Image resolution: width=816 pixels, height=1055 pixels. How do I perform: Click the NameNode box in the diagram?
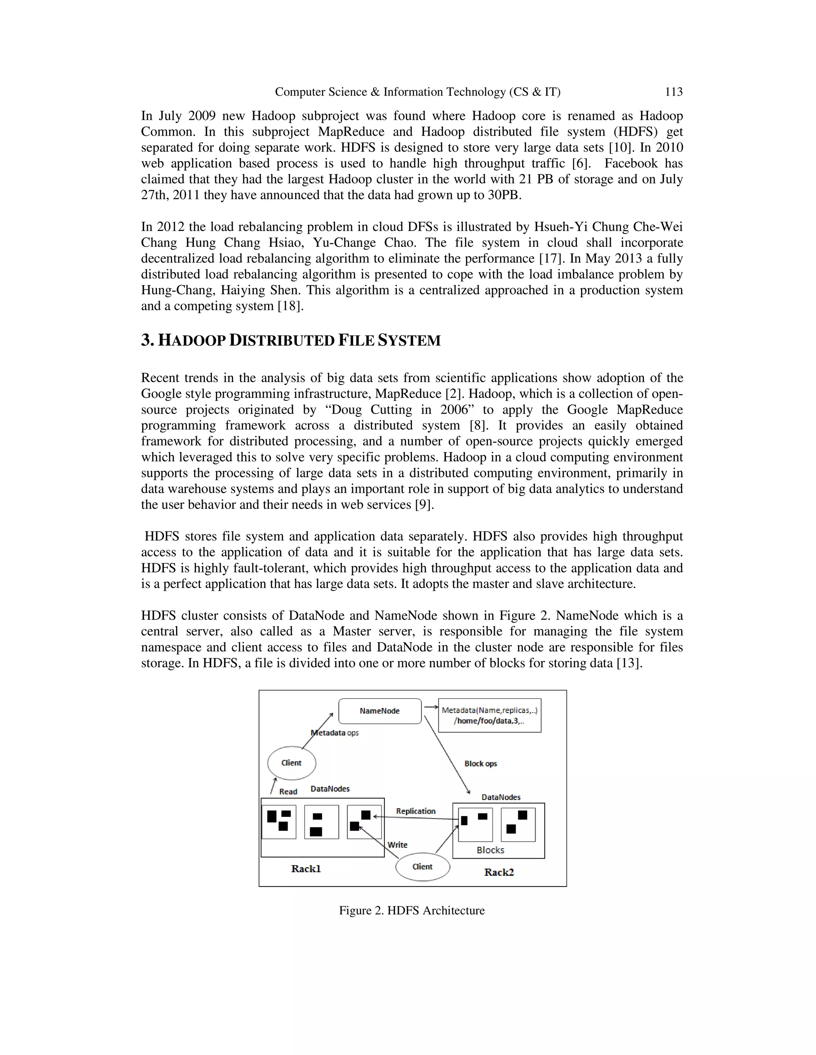coord(380,711)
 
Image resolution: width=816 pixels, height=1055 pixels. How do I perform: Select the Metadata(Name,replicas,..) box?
coord(489,715)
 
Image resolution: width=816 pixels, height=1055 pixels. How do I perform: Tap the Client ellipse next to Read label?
coord(292,763)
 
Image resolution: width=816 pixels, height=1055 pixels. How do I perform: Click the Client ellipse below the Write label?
coord(422,867)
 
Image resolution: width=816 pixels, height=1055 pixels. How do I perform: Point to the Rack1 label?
coord(306,869)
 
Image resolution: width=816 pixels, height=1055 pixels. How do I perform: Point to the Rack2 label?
coord(499,872)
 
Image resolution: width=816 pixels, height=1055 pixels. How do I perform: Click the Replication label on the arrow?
coord(416,811)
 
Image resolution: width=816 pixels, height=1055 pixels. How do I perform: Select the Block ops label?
coord(481,764)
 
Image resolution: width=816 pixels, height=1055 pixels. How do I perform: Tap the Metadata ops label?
coord(335,733)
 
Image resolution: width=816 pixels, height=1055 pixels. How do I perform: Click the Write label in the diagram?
coord(397,845)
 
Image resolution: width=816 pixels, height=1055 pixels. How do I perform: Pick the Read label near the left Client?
coord(288,792)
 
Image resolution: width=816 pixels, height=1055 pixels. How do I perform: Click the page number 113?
coord(673,92)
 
